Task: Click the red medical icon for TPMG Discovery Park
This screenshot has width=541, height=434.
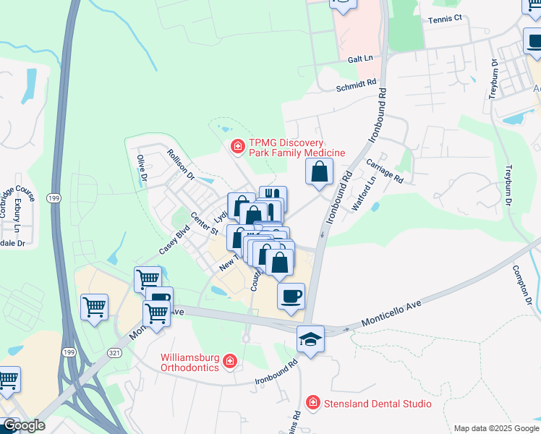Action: [237, 148]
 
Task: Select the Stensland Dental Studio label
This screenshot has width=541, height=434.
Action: [376, 404]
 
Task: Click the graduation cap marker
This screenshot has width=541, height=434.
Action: [310, 339]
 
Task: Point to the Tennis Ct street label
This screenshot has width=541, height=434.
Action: [444, 20]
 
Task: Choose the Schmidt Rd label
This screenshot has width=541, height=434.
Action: [357, 85]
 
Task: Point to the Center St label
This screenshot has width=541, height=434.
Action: [204, 224]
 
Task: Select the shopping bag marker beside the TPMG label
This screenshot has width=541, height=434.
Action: [319, 172]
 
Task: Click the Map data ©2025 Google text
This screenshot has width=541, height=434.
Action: [495, 427]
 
